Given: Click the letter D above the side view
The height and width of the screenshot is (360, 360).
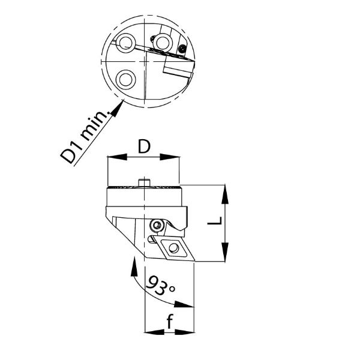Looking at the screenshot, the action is (x=144, y=147).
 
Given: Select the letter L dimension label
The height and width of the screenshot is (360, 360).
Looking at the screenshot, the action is (x=215, y=221).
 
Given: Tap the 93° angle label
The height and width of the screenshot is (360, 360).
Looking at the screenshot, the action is (x=160, y=286).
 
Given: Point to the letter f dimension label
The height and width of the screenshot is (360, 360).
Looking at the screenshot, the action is (x=169, y=321).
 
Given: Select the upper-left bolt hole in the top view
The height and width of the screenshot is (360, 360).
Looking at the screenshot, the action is (x=125, y=43).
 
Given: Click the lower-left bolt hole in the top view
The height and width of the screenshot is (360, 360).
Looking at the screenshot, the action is (x=125, y=79).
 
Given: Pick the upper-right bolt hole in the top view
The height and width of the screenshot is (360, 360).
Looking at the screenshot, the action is (x=163, y=42).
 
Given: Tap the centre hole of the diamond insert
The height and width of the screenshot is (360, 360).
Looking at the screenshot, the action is (x=173, y=248).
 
